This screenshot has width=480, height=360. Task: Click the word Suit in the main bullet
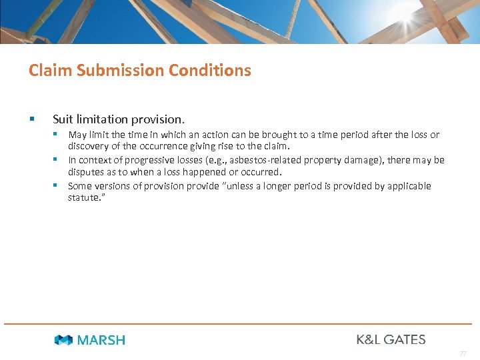tap(63, 119)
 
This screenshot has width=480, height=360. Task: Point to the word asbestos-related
tap(259, 160)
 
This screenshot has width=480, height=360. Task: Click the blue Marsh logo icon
tap(64, 340)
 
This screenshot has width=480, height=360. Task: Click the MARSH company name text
tap(101, 340)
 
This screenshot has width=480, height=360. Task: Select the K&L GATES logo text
tap(391, 339)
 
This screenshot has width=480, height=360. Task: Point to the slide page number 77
tap(463, 353)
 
